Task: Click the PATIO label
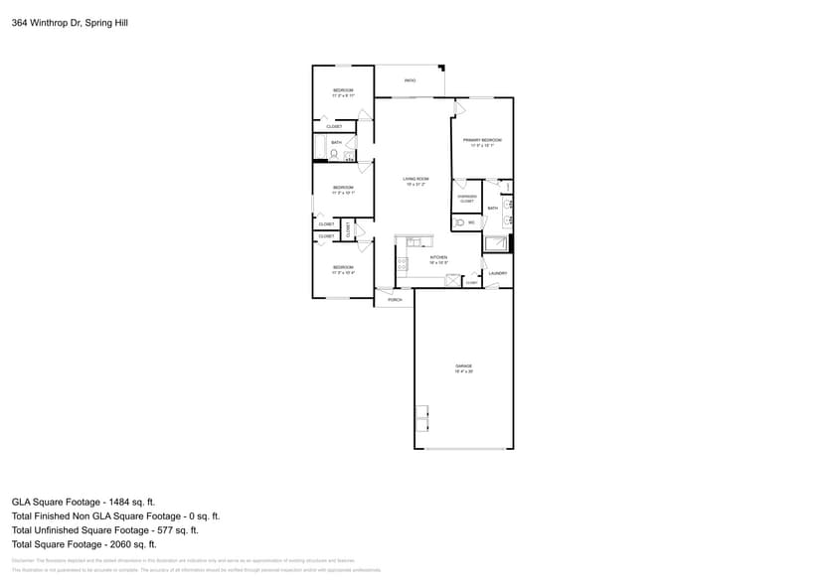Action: (x=410, y=80)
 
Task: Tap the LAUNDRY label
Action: (x=498, y=273)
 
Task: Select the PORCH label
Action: (x=395, y=299)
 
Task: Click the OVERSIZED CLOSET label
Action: (x=466, y=199)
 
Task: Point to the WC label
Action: (x=471, y=223)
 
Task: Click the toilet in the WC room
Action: (x=458, y=223)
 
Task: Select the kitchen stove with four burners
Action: (x=402, y=264)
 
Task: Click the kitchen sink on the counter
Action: (x=414, y=241)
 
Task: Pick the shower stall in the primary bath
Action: (x=496, y=243)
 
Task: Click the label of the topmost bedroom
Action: (x=343, y=92)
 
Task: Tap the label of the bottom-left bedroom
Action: (x=343, y=269)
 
